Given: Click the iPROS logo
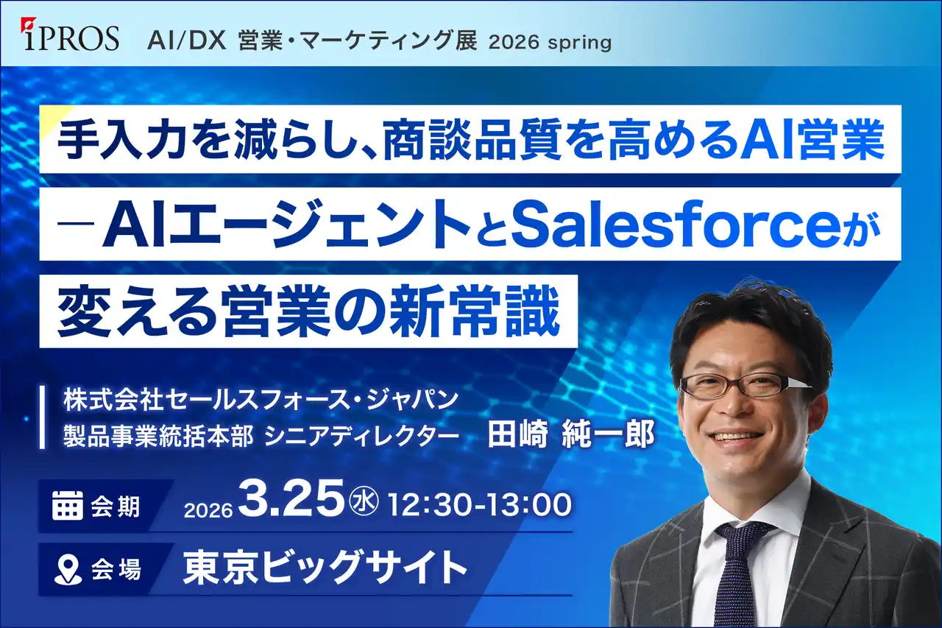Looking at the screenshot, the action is [70, 35].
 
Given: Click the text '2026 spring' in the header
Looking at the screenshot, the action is [550, 43].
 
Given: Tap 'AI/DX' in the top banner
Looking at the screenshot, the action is [187, 43].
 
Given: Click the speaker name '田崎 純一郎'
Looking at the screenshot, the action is [570, 434].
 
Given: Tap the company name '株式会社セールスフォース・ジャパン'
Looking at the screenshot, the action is [261, 399].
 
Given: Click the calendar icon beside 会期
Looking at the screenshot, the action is [67, 505].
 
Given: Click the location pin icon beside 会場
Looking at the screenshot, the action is [68, 570].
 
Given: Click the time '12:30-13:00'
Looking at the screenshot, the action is [480, 505].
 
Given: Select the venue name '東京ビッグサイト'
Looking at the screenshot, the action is [325, 568].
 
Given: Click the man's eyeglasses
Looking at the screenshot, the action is [742, 385].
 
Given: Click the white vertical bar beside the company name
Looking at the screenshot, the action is [42, 417].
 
